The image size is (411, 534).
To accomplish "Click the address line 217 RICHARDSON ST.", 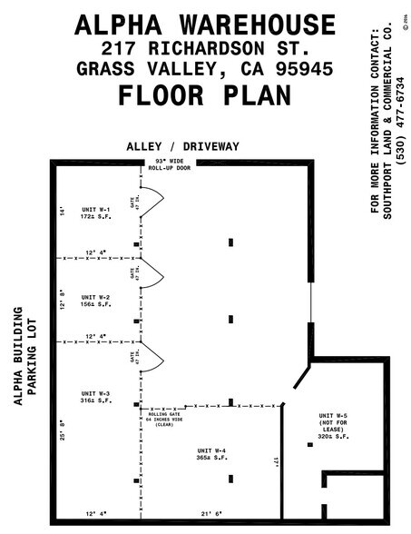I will click(x=205, y=46).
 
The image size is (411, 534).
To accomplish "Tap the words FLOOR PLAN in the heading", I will click(x=205, y=94).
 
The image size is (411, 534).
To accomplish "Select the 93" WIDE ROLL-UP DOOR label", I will click(x=171, y=166).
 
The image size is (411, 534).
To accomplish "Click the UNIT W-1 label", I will click(x=94, y=213).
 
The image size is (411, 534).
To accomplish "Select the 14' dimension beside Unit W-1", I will click(x=63, y=211).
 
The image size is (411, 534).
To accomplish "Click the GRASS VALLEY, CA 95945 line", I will click(x=205, y=68).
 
